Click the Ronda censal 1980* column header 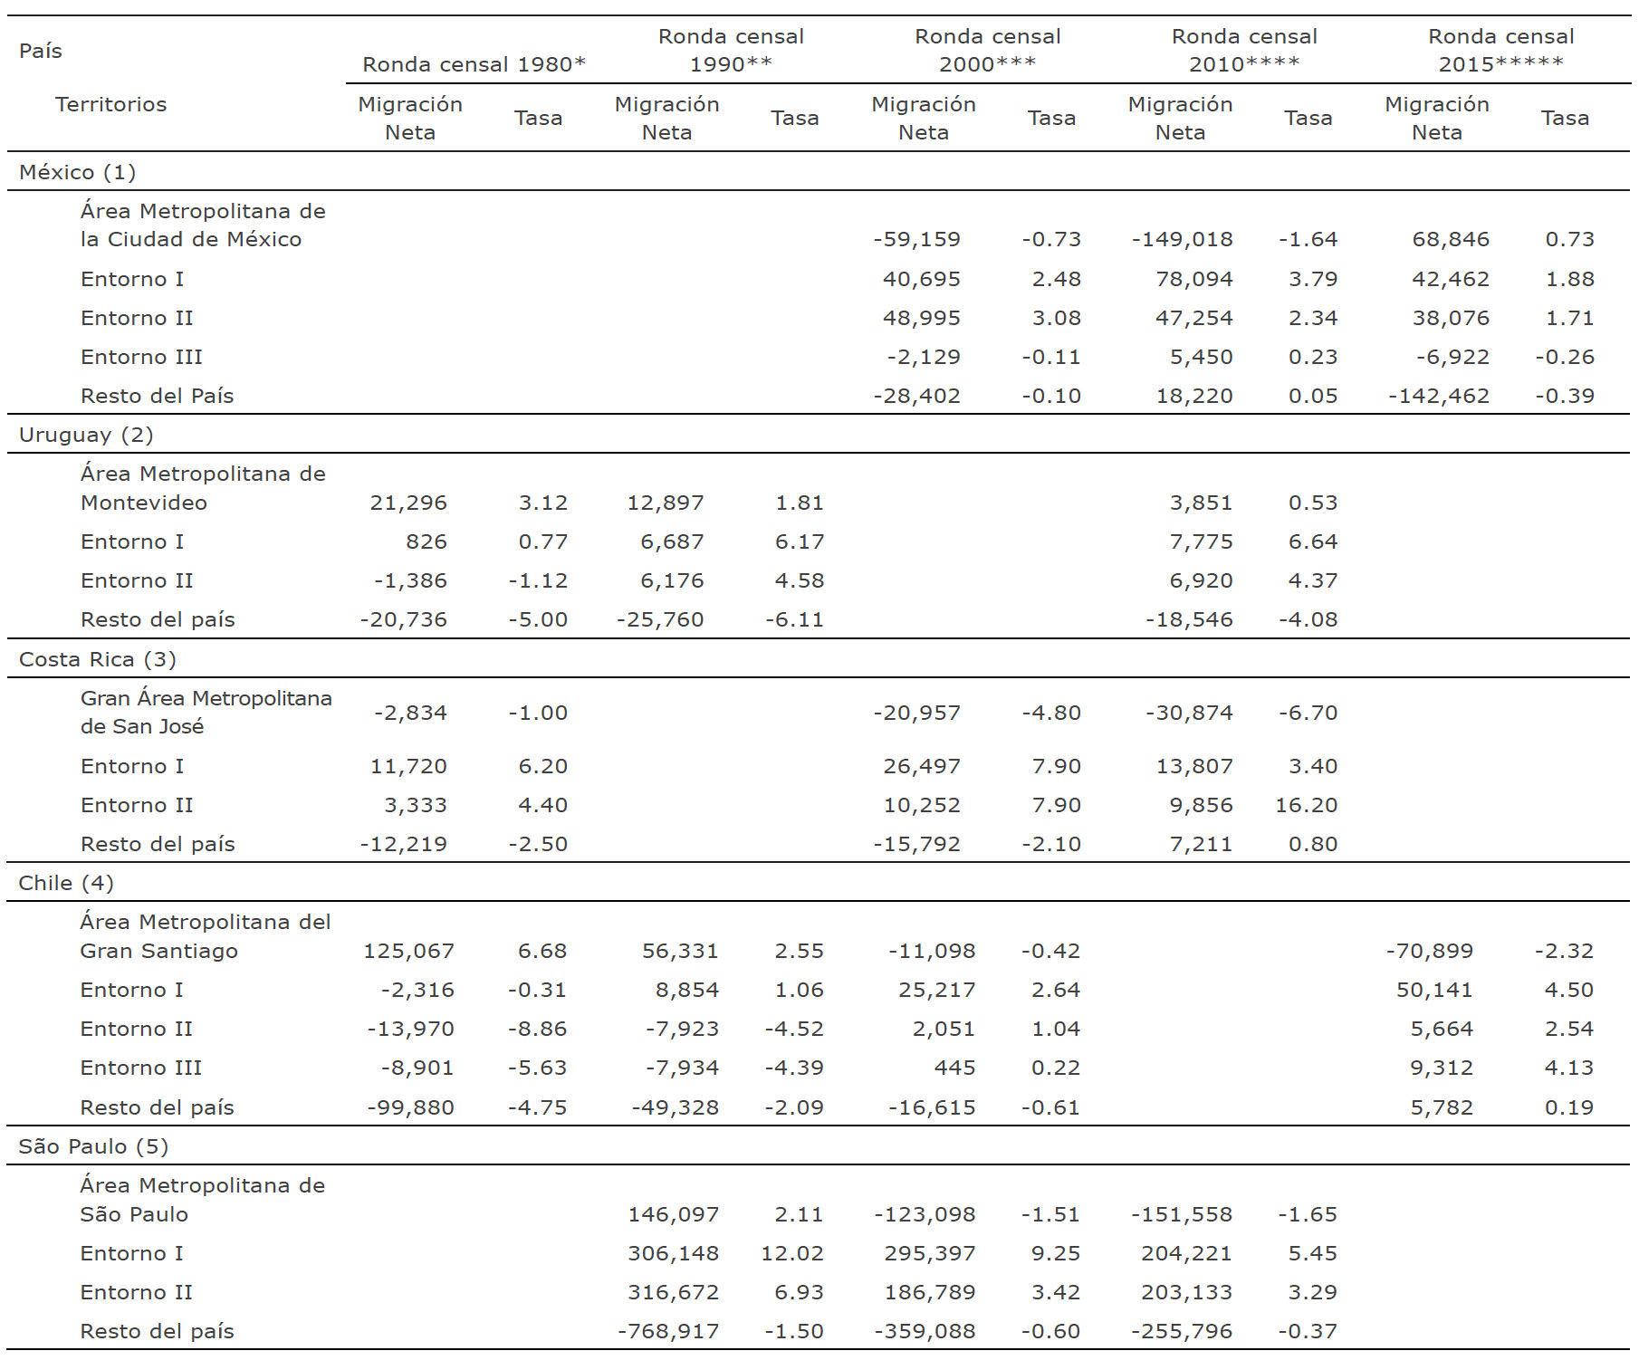tap(474, 64)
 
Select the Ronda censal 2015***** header tap(1500, 51)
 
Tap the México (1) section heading tap(77, 172)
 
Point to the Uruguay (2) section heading tap(86, 435)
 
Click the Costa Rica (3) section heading tap(97, 659)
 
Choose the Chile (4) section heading tap(66, 883)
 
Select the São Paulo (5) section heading tap(93, 1146)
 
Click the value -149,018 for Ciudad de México tap(1182, 239)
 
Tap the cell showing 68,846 tap(1450, 239)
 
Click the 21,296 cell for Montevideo tap(407, 503)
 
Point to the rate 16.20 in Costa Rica tap(1306, 805)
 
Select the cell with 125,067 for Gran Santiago tap(408, 951)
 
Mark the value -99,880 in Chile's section tap(410, 1107)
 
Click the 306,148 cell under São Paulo tap(673, 1253)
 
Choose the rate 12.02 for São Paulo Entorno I tap(791, 1253)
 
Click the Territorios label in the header tap(110, 104)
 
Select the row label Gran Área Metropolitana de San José tap(206, 712)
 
